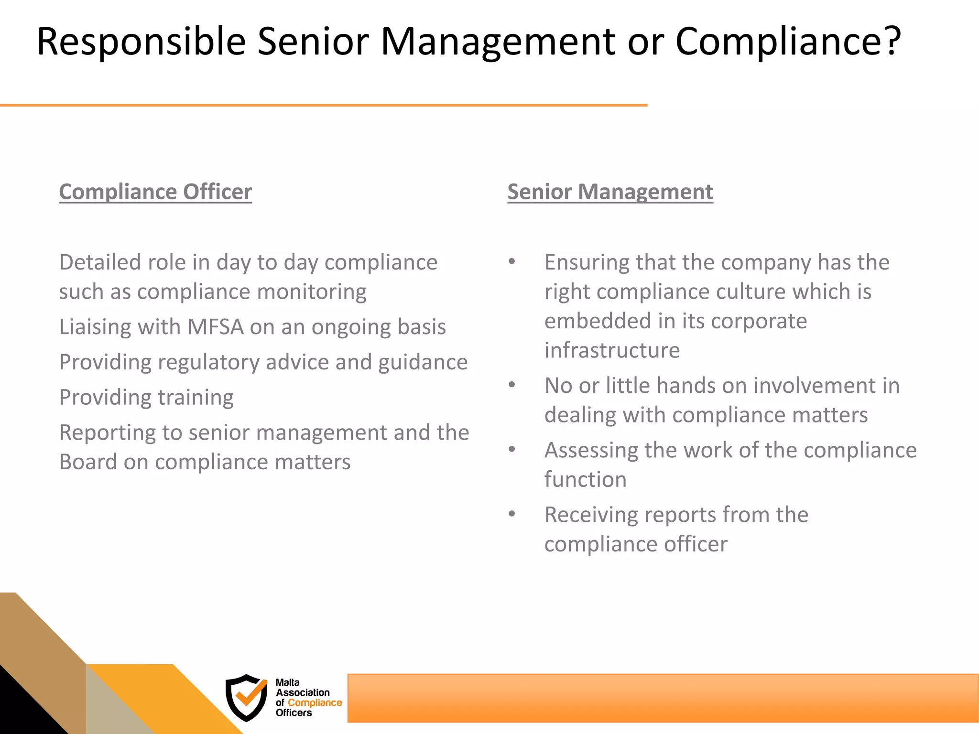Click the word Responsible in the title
141,42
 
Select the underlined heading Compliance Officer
155,192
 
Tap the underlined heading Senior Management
610,192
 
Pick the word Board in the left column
88,462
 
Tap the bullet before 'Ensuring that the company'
512,261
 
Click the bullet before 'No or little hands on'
512,385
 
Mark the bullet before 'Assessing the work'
512,449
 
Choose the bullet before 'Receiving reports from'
512,514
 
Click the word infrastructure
612,350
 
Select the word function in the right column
585,479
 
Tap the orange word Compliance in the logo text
315,703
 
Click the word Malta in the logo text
287,682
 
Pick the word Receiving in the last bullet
591,515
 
